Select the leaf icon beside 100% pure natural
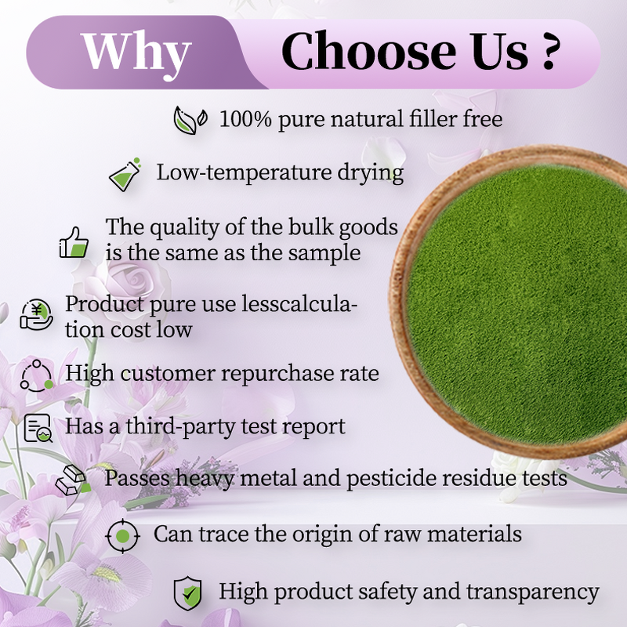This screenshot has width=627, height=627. [190, 120]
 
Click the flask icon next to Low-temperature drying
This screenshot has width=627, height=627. [125, 174]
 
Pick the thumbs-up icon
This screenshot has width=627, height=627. [74, 242]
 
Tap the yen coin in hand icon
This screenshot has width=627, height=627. [37, 314]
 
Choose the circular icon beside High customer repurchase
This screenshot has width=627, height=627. [36, 374]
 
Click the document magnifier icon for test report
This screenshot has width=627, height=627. [38, 428]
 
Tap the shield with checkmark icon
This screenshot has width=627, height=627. [187, 592]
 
